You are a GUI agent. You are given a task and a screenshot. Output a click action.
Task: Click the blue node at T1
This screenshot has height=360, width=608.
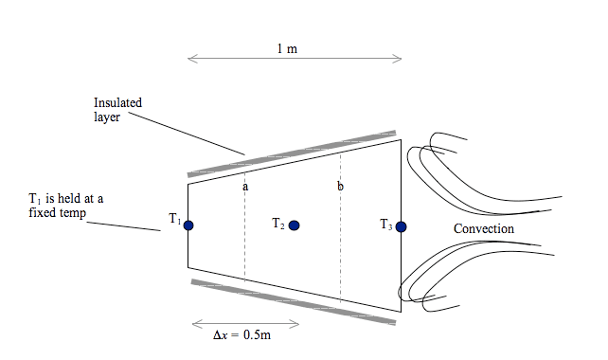coord(188,225)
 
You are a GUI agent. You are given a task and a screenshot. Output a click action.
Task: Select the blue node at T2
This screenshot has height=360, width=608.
coord(295,225)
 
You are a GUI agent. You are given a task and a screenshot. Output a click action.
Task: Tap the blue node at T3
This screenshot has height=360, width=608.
coord(402,226)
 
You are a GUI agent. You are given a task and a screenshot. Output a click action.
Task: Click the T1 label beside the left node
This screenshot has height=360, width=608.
coord(174,220)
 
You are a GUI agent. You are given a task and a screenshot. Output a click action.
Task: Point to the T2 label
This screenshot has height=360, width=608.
coord(278,225)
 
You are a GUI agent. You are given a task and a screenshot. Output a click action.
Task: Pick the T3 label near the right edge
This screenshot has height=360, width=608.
coord(385,225)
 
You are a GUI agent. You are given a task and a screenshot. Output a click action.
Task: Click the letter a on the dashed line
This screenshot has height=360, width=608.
coord(245,187)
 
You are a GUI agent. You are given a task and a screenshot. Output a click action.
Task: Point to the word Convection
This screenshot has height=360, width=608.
coord(484,229)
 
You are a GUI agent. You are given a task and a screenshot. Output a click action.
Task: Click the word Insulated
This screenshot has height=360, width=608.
coord(117,103)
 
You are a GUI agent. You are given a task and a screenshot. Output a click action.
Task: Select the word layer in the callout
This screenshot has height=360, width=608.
coord(106,117)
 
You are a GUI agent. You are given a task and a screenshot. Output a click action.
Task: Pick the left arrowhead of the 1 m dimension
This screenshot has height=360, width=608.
coord(190,60)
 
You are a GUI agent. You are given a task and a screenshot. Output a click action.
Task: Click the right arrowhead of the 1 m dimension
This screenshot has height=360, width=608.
coord(400,60)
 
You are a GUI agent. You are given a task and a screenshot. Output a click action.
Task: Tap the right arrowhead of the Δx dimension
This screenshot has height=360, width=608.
coord(296,324)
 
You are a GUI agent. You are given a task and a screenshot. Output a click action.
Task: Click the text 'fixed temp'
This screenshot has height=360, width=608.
coord(58,214)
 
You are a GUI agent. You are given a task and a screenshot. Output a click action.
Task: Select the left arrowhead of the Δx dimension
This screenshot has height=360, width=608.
coord(193,324)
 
